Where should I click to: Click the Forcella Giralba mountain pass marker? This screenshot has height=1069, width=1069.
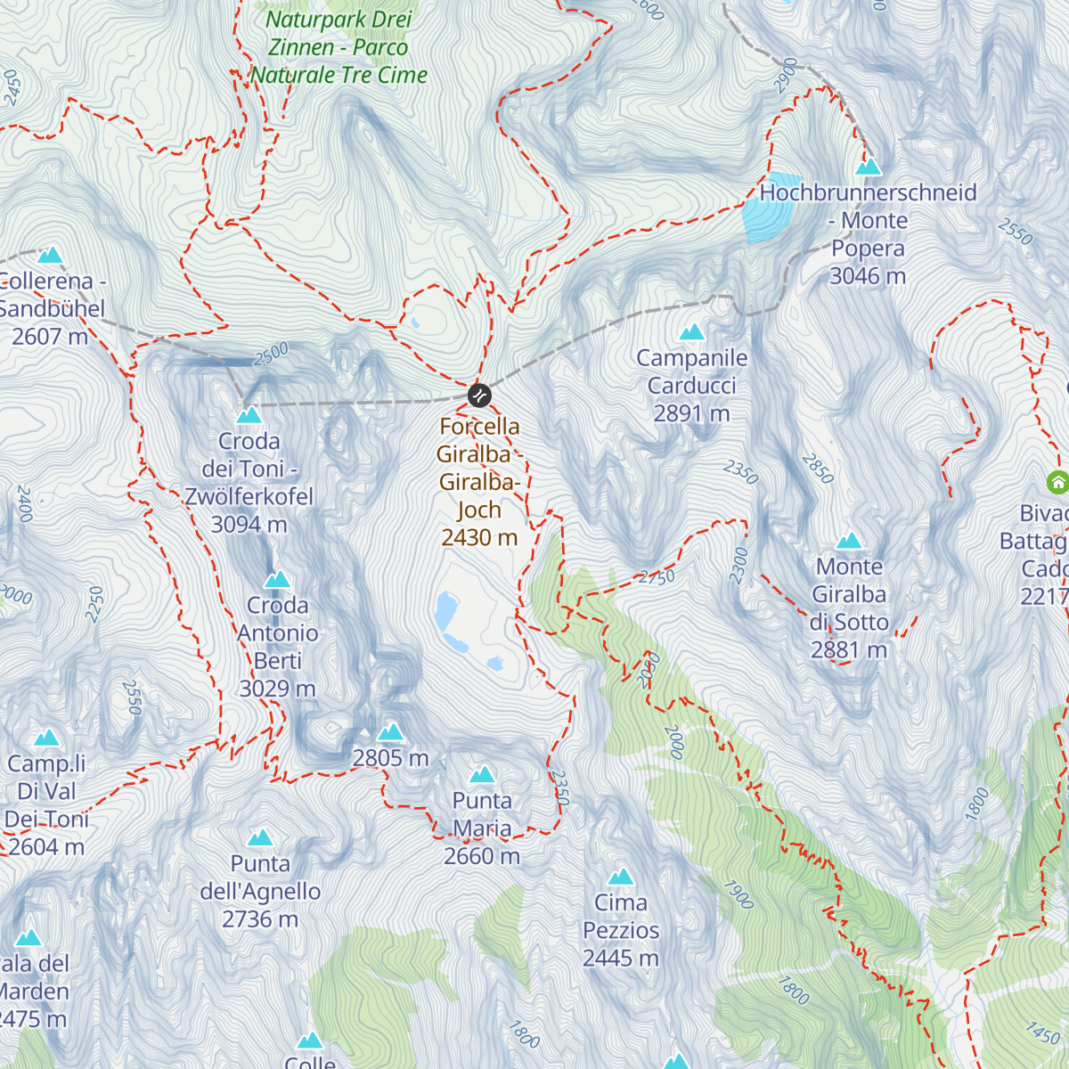pos(479,395)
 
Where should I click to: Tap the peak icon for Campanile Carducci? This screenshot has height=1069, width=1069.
pos(692,332)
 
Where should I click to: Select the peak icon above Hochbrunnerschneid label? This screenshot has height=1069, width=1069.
pos(868,167)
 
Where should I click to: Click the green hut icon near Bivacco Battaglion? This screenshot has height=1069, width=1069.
pos(1057,482)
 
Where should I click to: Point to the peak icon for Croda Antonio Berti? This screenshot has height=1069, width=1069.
pos(278,580)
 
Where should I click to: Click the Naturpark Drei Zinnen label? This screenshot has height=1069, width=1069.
pos(339,47)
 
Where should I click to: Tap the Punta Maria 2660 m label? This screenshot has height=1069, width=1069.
pos(482,828)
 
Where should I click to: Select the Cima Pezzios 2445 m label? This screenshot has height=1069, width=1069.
pos(621,930)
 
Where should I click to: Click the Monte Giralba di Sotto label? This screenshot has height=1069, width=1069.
pos(850,608)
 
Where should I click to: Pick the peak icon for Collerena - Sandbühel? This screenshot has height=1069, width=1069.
pos(50,256)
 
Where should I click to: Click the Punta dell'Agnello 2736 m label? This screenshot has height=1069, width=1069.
pos(260,891)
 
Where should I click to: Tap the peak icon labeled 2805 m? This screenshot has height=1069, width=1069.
pos(390,732)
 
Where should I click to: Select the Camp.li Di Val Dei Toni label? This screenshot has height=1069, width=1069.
pos(46,804)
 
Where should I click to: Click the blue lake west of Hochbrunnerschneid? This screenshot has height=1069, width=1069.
pos(763,207)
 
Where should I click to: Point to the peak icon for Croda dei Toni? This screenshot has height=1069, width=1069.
pos(249,415)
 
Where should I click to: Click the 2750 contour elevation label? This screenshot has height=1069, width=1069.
pos(657,577)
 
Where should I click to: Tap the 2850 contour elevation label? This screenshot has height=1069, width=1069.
pos(818,469)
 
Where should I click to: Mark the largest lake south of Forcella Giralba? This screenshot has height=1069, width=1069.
pos(445,612)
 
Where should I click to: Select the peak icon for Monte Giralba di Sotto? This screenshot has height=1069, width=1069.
pos(850,541)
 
